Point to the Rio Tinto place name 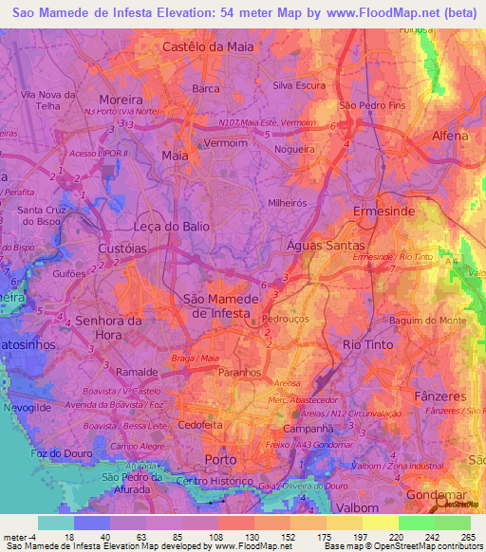[365, 344]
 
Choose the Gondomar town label [437, 495]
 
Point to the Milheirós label [294, 202]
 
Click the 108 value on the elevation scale [217, 536]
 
